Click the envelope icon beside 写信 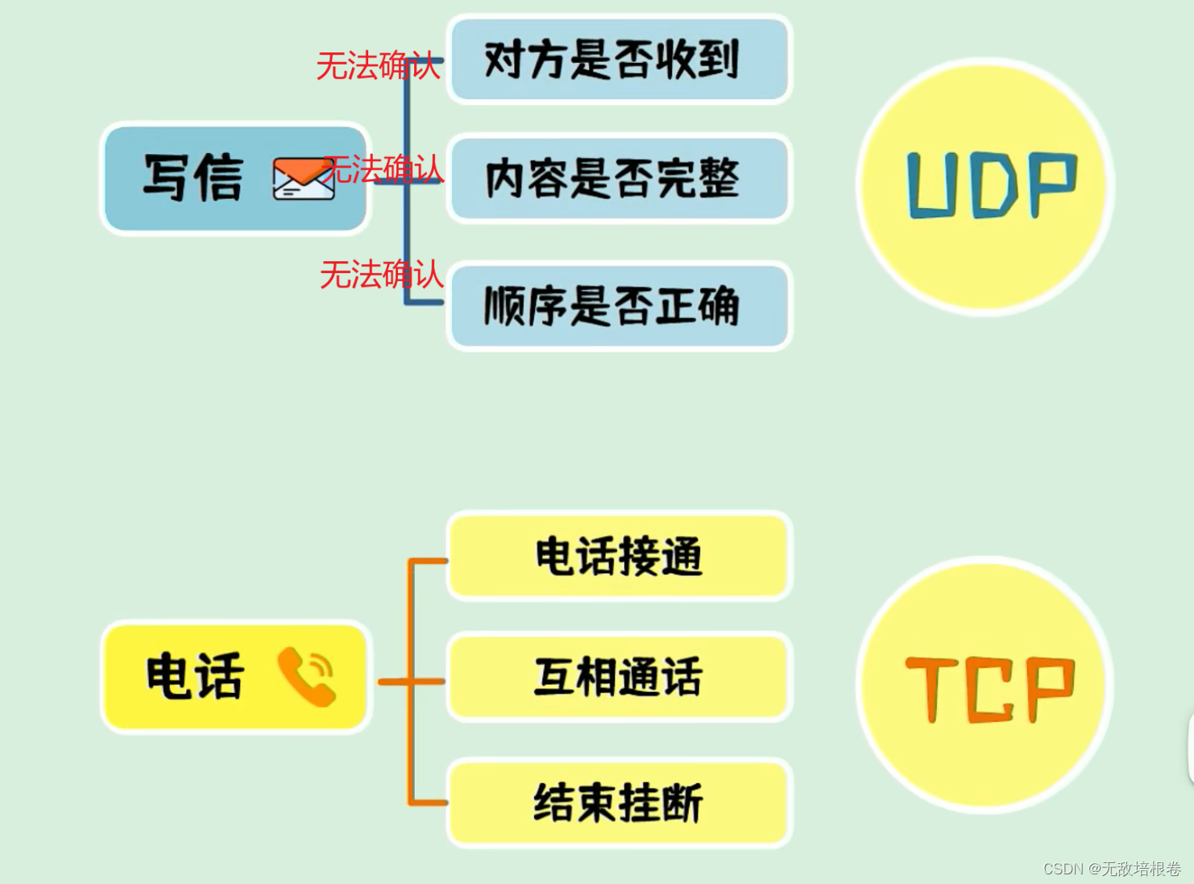[303, 178]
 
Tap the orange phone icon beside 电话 [306, 676]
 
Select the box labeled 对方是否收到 [619, 60]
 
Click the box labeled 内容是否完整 [619, 178]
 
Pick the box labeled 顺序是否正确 [619, 306]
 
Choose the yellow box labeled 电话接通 [619, 557]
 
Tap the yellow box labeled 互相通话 [619, 677]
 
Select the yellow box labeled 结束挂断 [619, 803]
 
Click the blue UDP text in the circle [991, 185]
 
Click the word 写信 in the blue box [193, 177]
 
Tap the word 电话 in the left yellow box [194, 676]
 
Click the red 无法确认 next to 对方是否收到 [378, 66]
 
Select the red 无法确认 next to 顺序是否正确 [381, 275]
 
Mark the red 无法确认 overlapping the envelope [383, 170]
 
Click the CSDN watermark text [1111, 869]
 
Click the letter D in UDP [994, 185]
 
